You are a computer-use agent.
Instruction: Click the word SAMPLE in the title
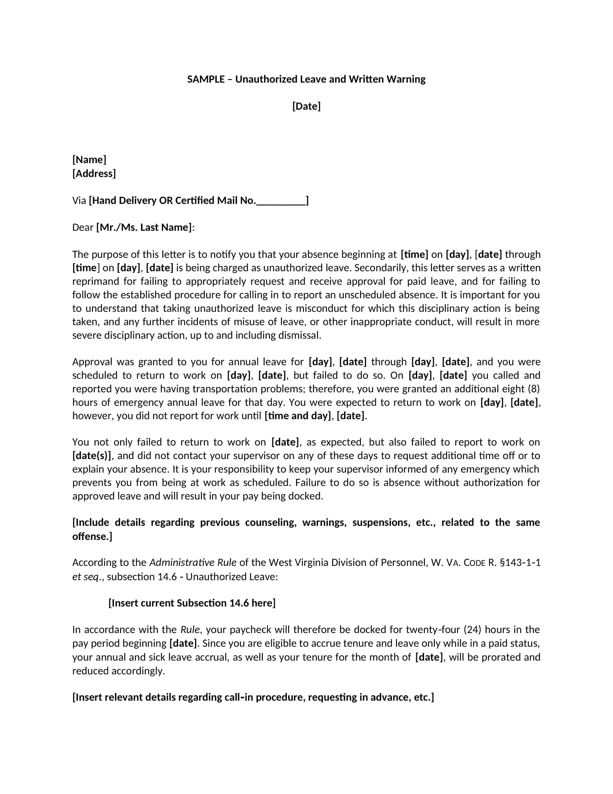point(206,79)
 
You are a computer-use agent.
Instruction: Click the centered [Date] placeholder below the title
point(306,106)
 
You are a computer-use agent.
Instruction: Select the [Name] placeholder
point(89,160)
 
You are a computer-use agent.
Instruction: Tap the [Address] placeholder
point(94,173)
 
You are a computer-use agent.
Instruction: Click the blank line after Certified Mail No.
point(281,201)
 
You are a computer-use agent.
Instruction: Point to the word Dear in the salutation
point(83,228)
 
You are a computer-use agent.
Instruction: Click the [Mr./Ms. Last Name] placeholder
point(144,228)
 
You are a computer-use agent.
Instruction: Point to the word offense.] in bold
point(92,537)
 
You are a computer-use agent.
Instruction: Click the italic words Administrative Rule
point(193,563)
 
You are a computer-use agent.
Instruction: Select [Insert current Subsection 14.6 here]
point(192,603)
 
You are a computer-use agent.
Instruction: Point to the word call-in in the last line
point(239,697)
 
